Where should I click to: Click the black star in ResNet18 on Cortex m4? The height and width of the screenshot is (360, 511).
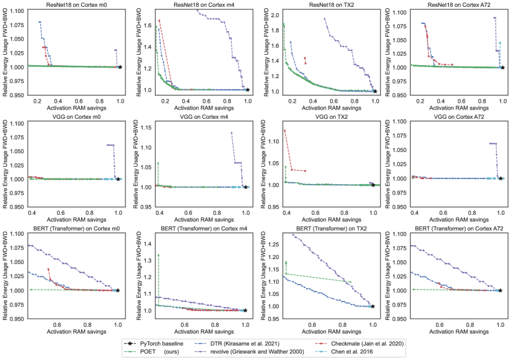(x=247, y=90)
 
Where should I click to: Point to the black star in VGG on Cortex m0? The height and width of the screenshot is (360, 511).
(x=118, y=179)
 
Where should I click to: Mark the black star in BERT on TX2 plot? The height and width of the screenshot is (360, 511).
(x=373, y=306)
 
